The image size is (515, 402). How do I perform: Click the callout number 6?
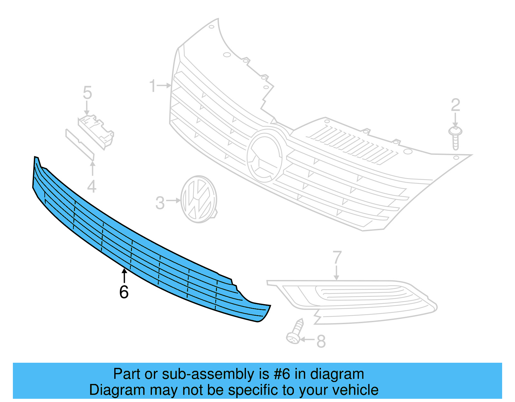[124, 292]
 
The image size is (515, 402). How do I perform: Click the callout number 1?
[153, 86]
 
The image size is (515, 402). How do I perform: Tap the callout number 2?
[455, 105]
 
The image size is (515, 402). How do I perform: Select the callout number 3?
[160, 203]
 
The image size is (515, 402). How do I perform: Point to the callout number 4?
[92, 187]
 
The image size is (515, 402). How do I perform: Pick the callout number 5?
[87, 93]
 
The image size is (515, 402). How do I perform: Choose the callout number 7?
[337, 257]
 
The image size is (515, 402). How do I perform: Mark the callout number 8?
[321, 341]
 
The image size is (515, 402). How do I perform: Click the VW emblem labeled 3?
[199, 199]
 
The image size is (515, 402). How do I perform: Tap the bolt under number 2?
[455, 138]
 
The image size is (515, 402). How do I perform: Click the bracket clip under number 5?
[96, 130]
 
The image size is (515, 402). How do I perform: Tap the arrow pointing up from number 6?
[124, 276]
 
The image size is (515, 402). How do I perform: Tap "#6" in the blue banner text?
[282, 374]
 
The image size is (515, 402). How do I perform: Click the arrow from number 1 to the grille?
[165, 86]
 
